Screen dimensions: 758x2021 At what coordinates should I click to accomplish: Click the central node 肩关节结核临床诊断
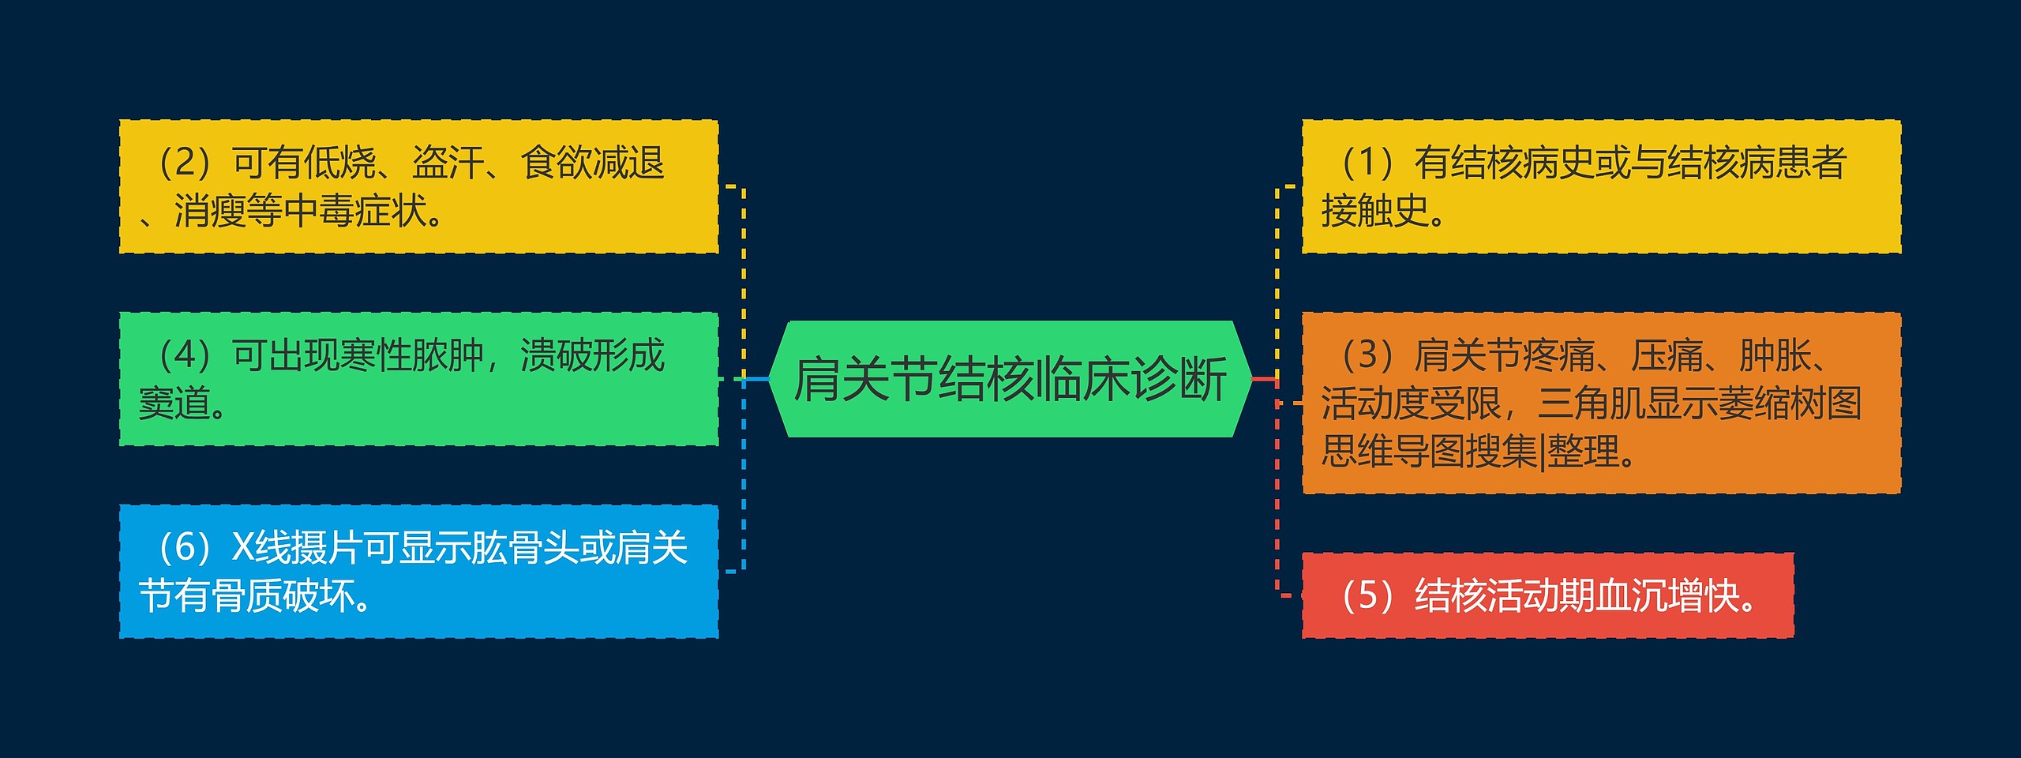[x=1010, y=379]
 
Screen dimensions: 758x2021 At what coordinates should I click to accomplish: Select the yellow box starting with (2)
[x=418, y=186]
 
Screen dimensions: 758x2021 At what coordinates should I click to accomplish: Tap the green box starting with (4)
[x=418, y=379]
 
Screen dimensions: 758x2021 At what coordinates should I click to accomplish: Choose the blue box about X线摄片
[x=418, y=571]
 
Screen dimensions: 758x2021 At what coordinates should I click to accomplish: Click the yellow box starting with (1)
[x=1601, y=186]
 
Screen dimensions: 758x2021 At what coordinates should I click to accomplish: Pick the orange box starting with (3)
[x=1601, y=403]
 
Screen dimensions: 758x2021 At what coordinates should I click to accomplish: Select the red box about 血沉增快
[x=1547, y=595]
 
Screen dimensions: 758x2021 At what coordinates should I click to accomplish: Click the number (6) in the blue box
[x=185, y=547]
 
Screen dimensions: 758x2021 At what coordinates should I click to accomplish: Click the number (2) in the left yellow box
[x=185, y=163]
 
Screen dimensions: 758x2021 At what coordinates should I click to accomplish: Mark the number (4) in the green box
[x=185, y=355]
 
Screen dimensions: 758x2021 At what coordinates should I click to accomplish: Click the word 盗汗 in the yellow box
[x=448, y=163]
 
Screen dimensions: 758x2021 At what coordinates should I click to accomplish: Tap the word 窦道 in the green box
[x=175, y=403]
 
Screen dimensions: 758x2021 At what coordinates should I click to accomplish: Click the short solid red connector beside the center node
[x=1264, y=379]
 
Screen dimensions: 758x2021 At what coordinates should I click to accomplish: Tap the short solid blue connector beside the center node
[x=756, y=379]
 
